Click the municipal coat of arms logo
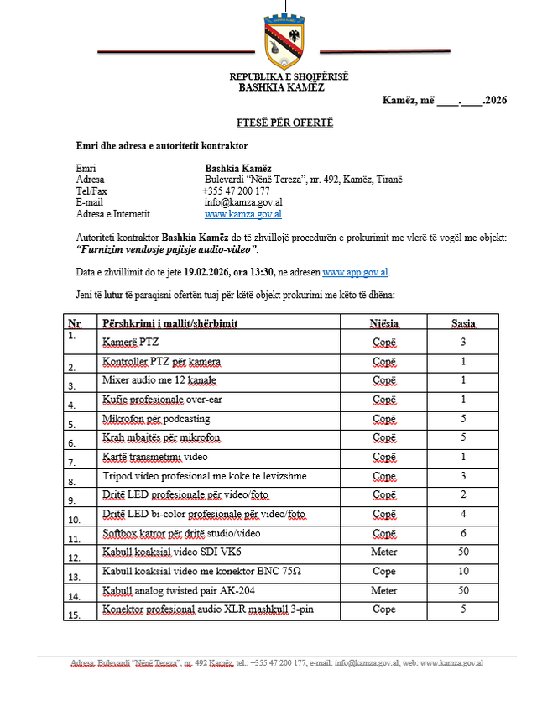pyautogui.click(x=284, y=41)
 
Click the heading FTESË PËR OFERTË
pyautogui.click(x=284, y=123)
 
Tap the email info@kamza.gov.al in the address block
pyautogui.click(x=243, y=202)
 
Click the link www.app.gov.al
pyautogui.click(x=356, y=272)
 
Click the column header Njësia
pyautogui.click(x=383, y=322)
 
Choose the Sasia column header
pyautogui.click(x=462, y=322)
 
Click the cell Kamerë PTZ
pyautogui.click(x=130, y=343)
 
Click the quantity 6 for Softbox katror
pyautogui.click(x=462, y=533)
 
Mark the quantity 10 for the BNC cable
pyautogui.click(x=462, y=572)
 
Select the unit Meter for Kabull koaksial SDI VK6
pyautogui.click(x=383, y=552)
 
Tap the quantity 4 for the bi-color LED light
pyautogui.click(x=462, y=514)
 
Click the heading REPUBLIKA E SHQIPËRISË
pyautogui.click(x=289, y=77)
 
